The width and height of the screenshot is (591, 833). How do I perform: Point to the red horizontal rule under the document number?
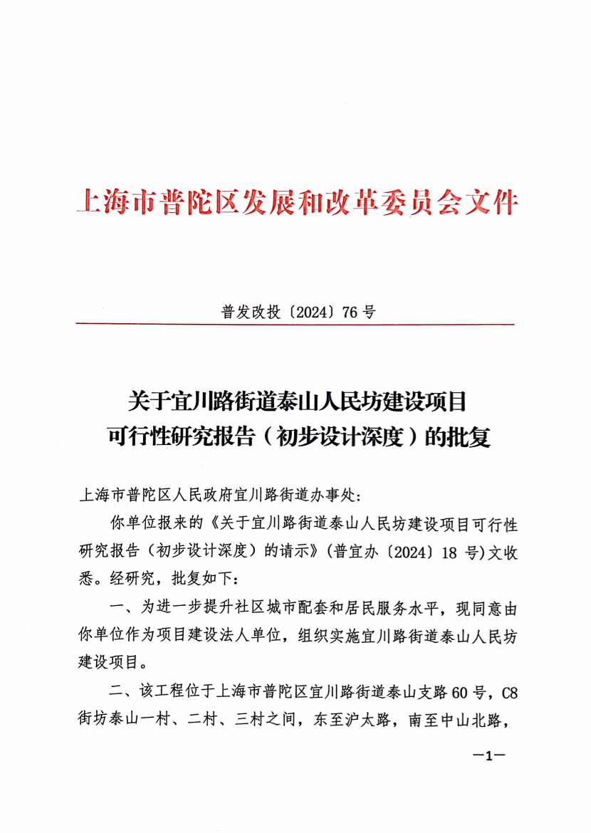(x=295, y=325)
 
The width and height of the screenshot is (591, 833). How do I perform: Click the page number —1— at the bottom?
(x=488, y=756)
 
